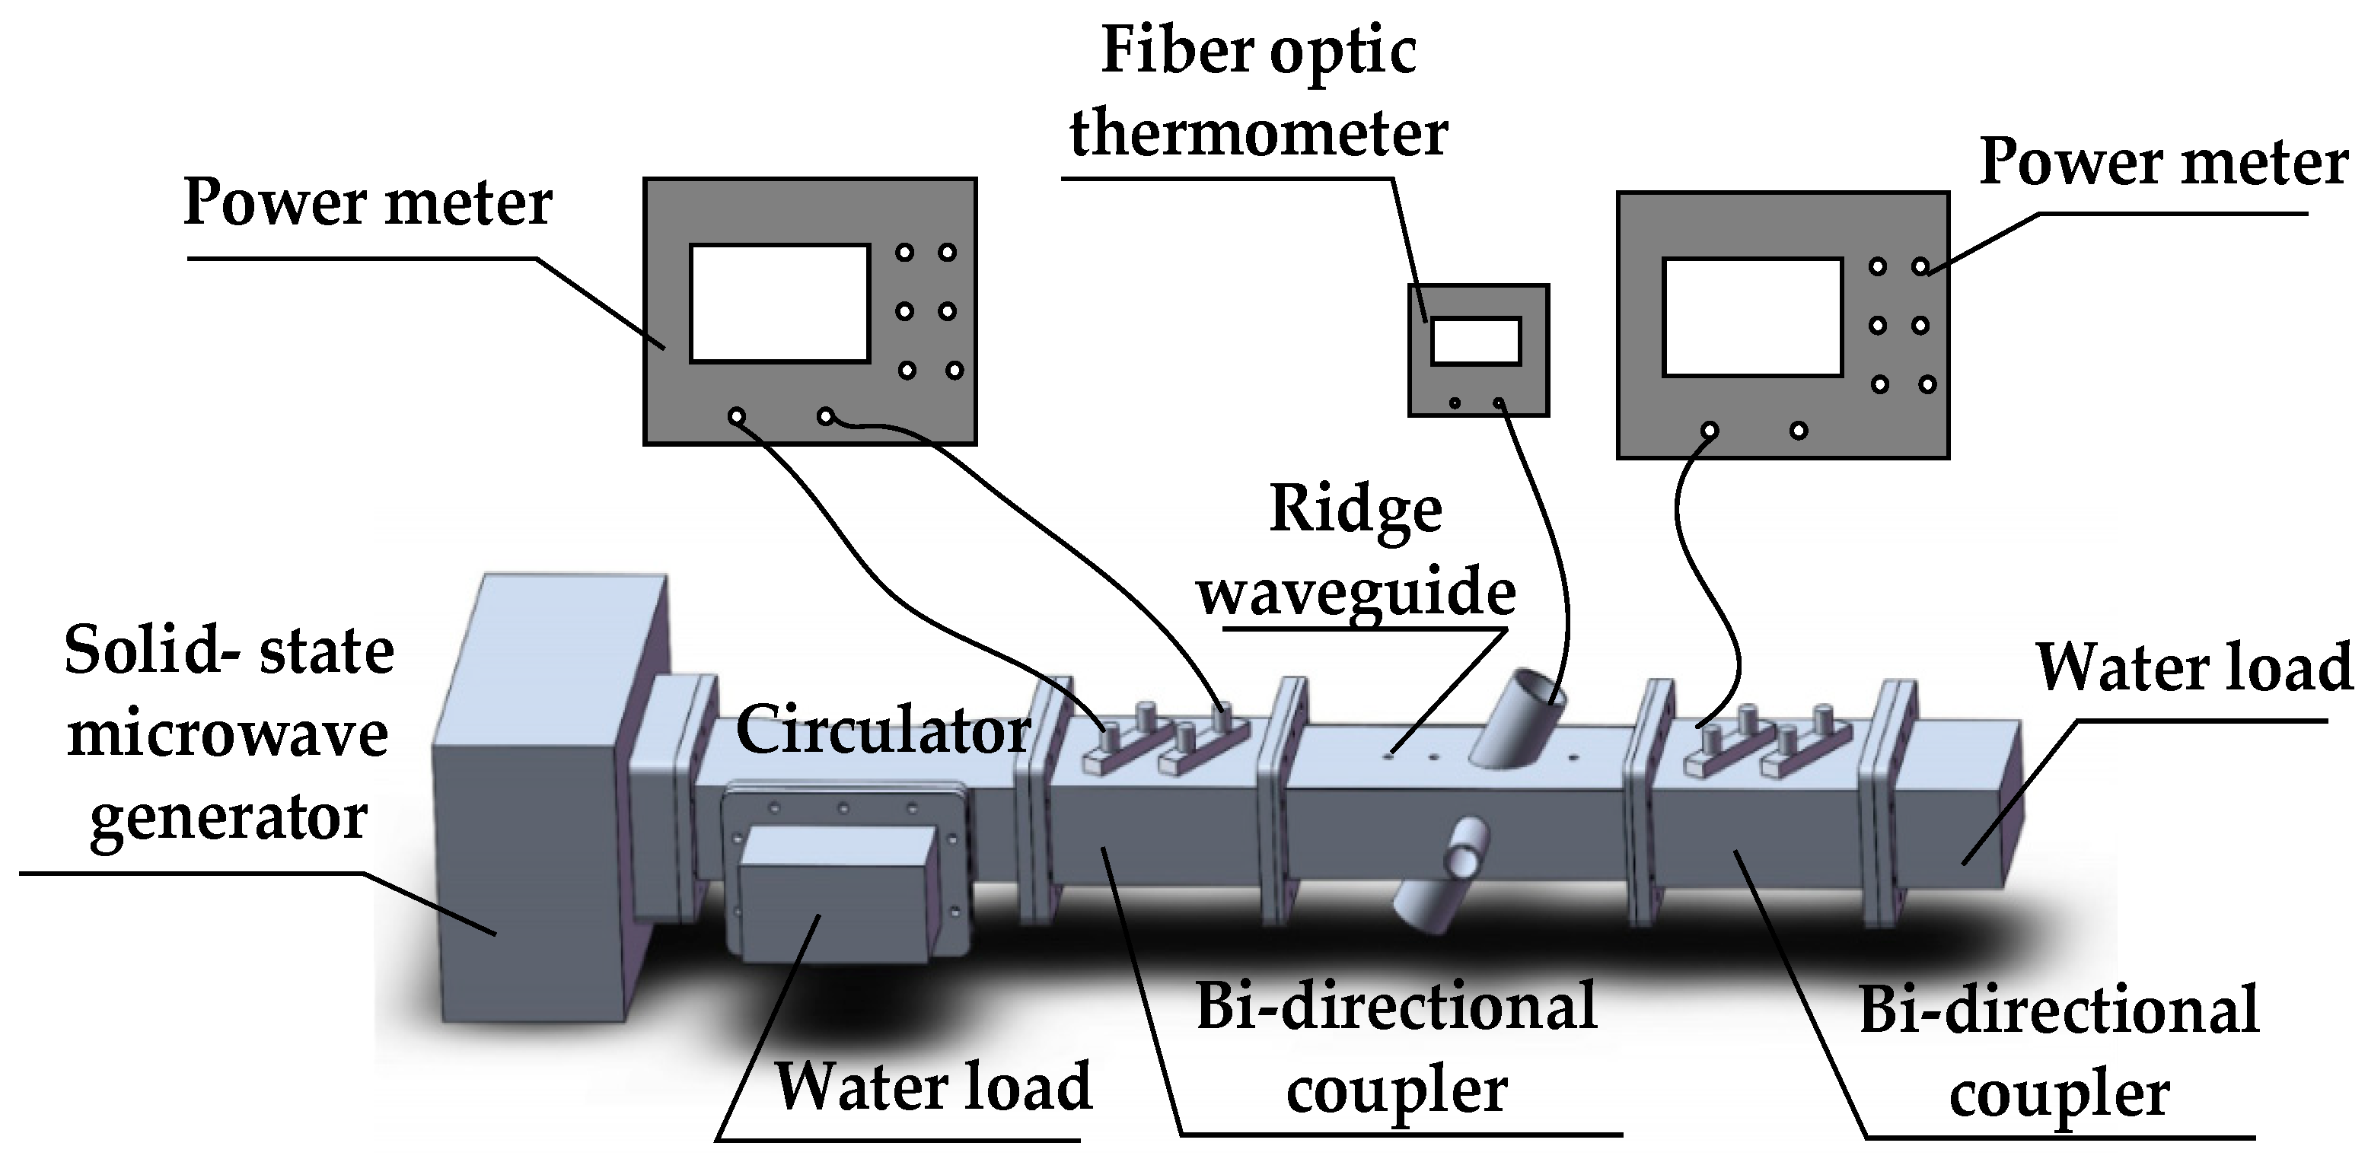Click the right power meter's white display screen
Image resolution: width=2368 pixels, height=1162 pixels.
[1752, 317]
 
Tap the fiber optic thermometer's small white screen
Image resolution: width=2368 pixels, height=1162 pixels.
[1474, 340]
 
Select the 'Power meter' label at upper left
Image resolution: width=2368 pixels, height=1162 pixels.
[368, 202]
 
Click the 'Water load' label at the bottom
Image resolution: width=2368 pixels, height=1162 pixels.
[932, 1086]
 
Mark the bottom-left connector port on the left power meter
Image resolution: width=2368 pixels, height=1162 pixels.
[736, 416]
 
